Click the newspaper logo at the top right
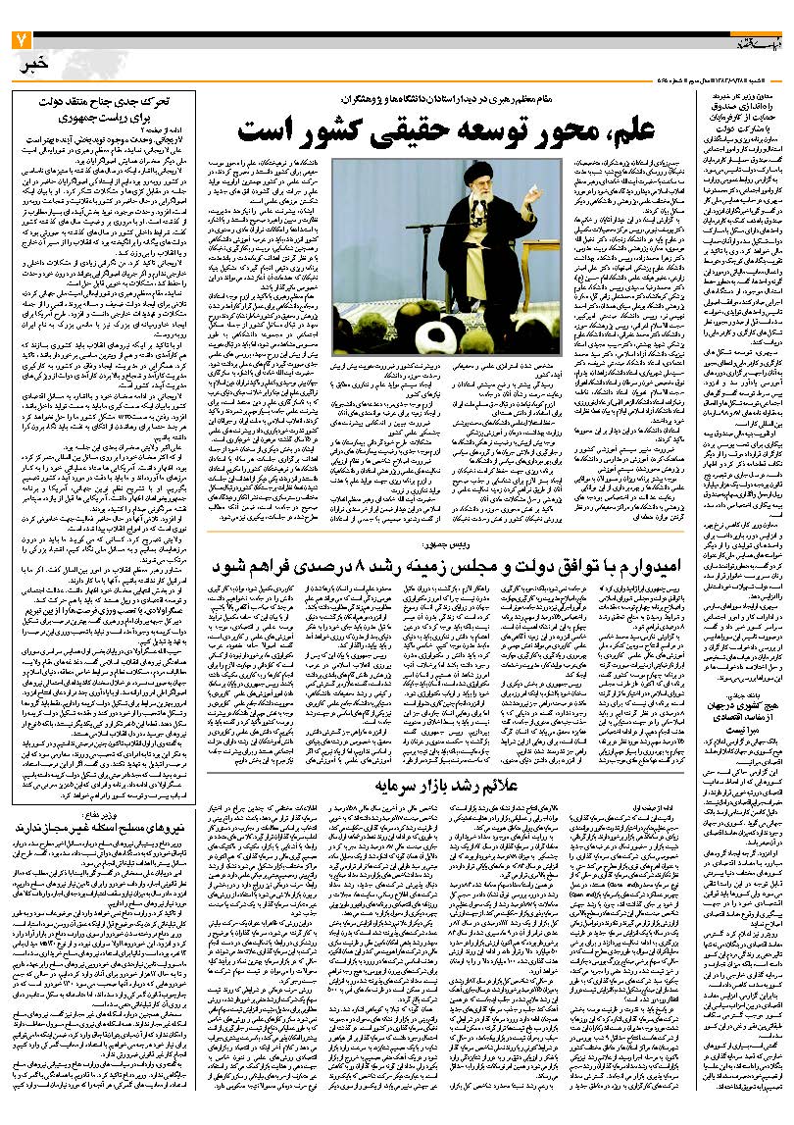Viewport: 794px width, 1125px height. [x=754, y=42]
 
